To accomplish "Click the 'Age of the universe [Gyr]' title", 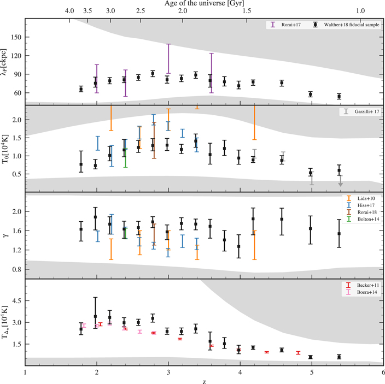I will click(x=204, y=4).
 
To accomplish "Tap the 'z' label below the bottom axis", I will click(x=204, y=380).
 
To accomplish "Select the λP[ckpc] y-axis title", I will click(x=6, y=61).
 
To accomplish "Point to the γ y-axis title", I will click(x=6, y=235).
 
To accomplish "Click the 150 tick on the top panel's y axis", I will click(x=16, y=37).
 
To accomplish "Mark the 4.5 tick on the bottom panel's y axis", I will click(x=16, y=301).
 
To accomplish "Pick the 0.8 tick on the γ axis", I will click(x=16, y=269).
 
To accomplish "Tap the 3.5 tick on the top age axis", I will click(x=87, y=11).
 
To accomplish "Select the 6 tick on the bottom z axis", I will click(x=383, y=372).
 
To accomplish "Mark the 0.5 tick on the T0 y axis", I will click(x=16, y=174).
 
